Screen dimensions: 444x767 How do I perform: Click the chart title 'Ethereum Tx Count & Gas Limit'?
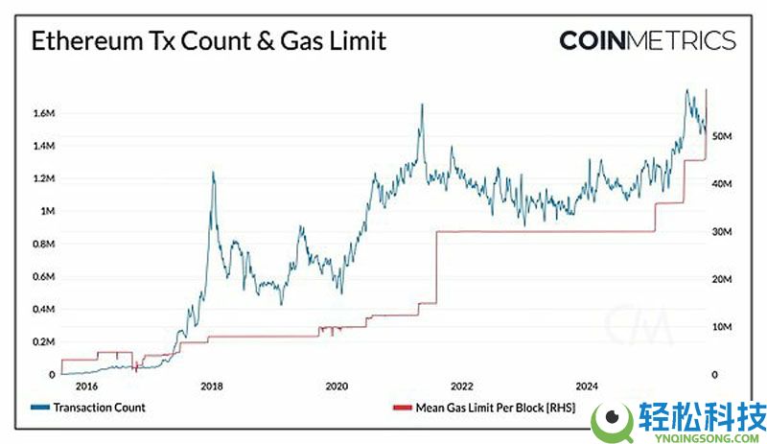209,41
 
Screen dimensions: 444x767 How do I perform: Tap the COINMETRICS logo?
647,41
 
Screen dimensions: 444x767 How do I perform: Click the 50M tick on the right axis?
721,137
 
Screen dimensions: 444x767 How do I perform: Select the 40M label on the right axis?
721,184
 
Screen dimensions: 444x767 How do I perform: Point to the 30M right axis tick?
721,232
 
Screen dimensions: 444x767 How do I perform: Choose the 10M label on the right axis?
721,327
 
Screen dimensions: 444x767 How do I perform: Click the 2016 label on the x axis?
86,386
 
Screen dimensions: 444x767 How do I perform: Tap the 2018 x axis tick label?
212,386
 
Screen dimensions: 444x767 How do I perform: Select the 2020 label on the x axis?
337,386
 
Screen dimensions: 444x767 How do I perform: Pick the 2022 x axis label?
462,386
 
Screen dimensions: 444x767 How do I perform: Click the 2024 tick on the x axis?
587,386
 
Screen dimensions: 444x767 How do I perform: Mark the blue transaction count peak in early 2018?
213,173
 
